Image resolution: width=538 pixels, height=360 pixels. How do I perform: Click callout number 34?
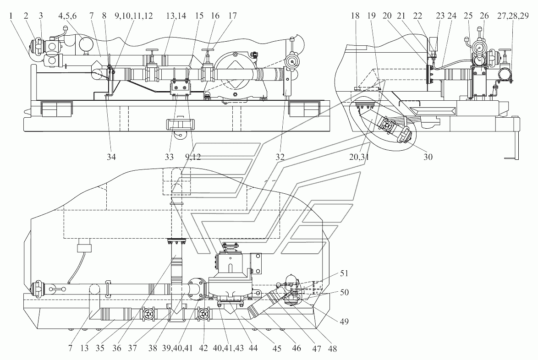pos(111,157)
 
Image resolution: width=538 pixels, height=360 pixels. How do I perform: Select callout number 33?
pos(169,157)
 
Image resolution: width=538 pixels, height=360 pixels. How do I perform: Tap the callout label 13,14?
pos(176,16)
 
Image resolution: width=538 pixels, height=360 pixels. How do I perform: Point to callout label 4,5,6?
pos(67,16)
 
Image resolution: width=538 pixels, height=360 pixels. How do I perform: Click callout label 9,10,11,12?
pos(134,16)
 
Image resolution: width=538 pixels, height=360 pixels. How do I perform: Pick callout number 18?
pos(355,16)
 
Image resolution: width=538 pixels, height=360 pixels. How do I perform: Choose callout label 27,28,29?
pos(513,16)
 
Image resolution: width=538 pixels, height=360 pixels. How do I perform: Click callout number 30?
pos(428,157)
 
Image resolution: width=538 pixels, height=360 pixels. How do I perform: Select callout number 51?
pos(344,273)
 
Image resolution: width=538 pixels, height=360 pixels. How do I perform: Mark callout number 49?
pos(344,321)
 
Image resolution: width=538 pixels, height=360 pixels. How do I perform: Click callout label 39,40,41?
pos(178,349)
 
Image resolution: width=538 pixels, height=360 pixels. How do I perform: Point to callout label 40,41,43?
pos(228,349)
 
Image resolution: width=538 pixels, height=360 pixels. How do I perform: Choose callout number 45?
pos(276,349)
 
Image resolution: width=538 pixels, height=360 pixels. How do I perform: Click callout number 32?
pos(280,157)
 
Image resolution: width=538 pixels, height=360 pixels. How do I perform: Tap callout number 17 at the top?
pos(232,16)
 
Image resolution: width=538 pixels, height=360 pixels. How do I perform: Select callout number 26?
pos(484,16)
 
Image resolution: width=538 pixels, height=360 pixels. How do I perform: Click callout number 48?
pos(332,349)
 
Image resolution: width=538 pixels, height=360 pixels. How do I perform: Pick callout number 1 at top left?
pos(11,16)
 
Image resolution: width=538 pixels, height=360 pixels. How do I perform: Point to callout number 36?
pos(117,349)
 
